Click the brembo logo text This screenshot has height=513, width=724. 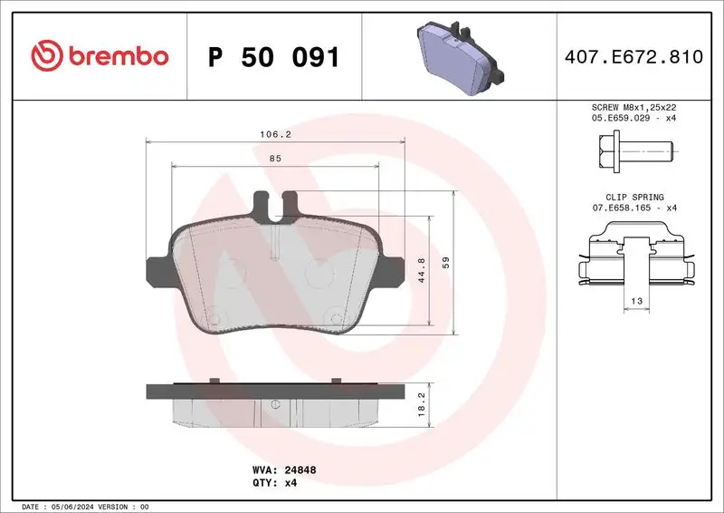[x=114, y=56]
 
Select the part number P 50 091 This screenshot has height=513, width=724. [x=273, y=58]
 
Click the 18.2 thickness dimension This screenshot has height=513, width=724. [x=419, y=404]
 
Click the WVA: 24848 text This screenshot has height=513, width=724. [x=283, y=470]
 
